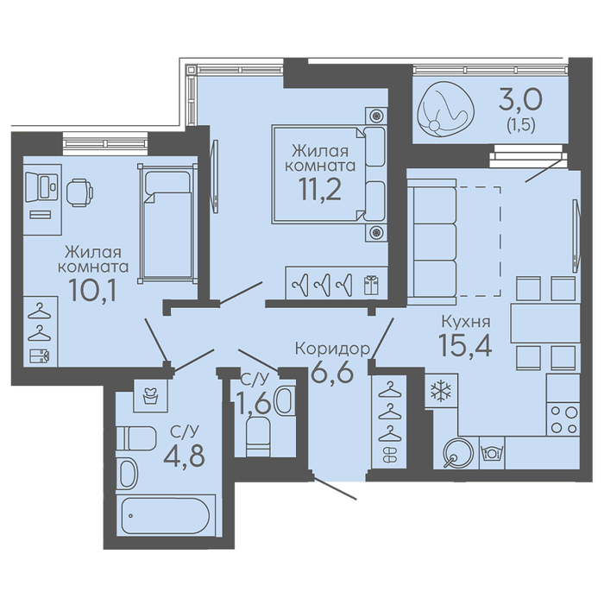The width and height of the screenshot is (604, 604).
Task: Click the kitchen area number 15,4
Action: click(465, 344)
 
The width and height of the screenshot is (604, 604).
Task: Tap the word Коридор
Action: click(332, 349)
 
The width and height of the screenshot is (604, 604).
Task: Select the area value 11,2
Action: click(320, 190)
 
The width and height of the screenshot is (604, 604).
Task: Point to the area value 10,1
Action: click(92, 290)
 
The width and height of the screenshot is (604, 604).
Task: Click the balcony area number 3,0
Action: click(520, 99)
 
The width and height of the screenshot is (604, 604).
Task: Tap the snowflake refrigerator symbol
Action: click(440, 390)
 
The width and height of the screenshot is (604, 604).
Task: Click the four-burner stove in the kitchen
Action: click(563, 419)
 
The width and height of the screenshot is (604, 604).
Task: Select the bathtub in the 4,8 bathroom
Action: click(166, 515)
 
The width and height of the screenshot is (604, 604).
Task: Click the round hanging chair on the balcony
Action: click(446, 110)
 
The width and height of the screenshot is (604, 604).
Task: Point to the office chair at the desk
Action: click(79, 192)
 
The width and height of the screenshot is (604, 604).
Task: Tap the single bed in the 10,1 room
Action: click(167, 223)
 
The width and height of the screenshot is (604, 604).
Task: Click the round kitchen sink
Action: click(457, 453)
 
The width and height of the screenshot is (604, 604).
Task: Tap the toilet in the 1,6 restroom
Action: click(258, 437)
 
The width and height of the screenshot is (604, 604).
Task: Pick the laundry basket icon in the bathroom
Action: click(151, 395)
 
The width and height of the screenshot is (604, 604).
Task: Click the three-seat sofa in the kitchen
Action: click(431, 242)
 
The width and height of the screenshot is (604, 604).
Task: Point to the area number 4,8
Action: click(184, 456)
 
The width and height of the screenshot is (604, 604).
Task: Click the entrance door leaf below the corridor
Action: click(335, 488)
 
